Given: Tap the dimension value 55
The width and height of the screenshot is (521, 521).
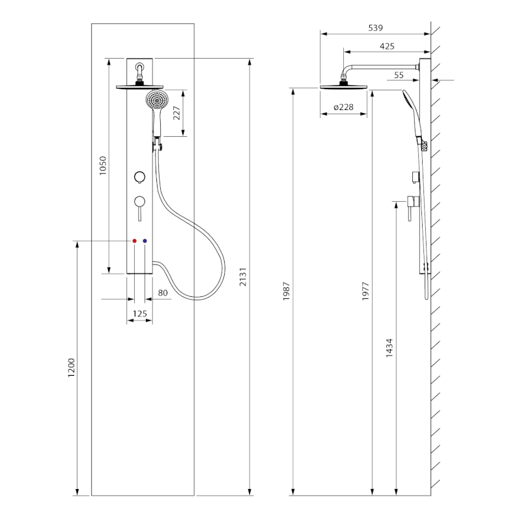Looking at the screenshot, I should [399, 75].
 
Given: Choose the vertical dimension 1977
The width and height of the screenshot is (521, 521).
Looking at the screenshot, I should [365, 292].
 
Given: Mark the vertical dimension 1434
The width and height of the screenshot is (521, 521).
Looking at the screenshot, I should [389, 348].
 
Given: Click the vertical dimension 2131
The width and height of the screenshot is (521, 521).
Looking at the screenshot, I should [244, 277].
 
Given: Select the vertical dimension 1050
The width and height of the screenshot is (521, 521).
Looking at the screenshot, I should [102, 167].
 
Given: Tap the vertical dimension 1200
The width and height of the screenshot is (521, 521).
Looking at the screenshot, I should [72, 368].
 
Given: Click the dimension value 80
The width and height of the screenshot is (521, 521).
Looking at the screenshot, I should [163, 293].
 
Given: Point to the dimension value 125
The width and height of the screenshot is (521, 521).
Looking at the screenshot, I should [139, 314].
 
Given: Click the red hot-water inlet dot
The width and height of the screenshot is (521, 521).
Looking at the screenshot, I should [134, 241].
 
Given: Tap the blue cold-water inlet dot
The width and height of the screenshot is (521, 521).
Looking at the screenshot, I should [145, 241].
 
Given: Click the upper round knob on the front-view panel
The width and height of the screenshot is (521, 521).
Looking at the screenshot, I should [139, 178].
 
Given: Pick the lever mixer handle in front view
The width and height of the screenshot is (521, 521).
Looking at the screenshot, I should [139, 204].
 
